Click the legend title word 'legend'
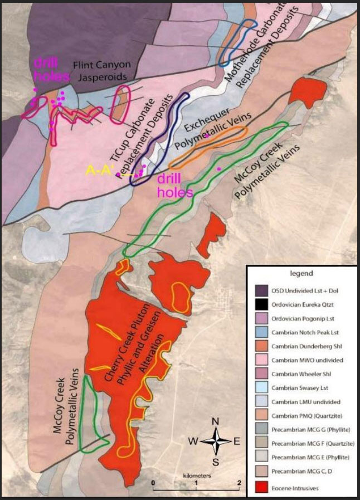301,274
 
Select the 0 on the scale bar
153,482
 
